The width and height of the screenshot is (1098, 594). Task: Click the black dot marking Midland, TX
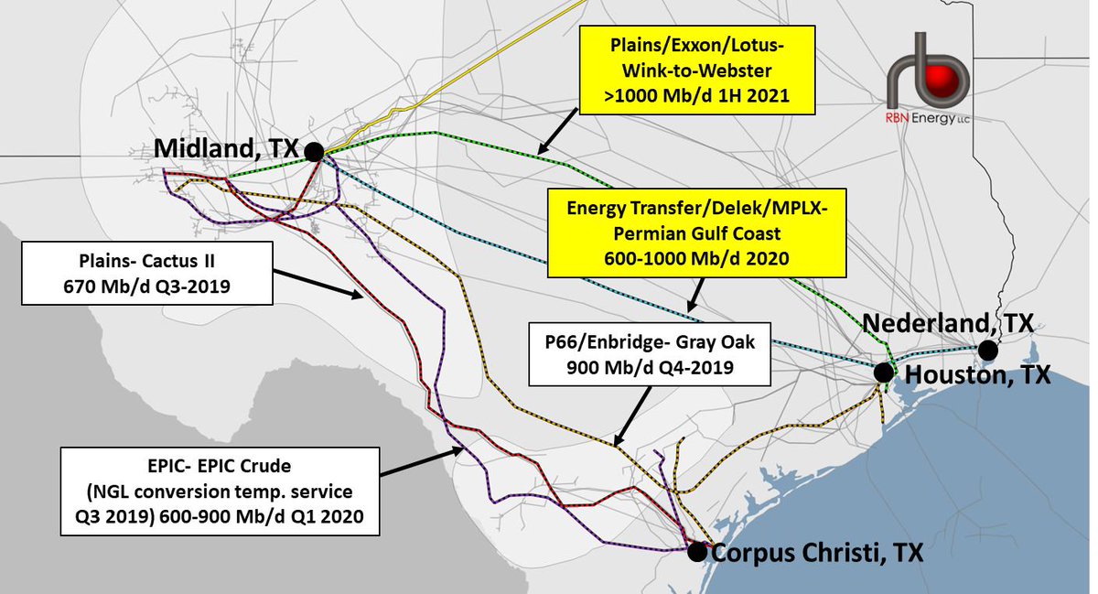pos(314,152)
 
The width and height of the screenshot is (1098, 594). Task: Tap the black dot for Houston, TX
pos(883,373)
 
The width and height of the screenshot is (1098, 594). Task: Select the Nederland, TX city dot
pos(986,350)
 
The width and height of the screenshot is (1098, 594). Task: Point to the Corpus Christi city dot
pos(696,551)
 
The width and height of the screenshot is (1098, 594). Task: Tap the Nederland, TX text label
pos(948,323)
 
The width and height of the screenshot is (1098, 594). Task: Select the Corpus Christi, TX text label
pos(817,553)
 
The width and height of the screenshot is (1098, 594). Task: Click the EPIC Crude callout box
pos(220,491)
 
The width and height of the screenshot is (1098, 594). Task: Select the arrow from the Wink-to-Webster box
pos(557,129)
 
